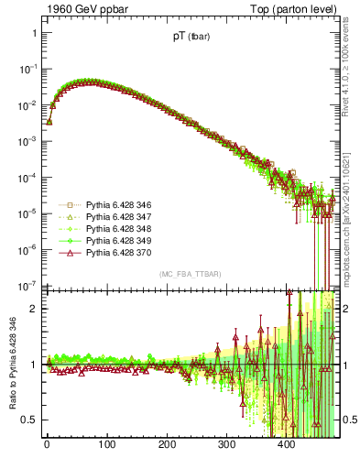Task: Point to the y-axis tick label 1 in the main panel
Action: point(33,33)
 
